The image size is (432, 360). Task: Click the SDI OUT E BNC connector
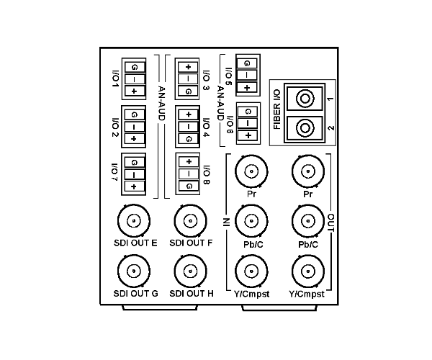tap(134, 220)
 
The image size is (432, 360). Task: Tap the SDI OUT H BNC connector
tap(190, 271)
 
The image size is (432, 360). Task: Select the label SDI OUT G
tap(136, 294)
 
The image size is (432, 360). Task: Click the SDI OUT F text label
tap(191, 243)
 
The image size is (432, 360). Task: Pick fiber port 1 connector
tap(305, 99)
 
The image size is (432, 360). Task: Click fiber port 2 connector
tap(305, 128)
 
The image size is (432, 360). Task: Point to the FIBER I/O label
tap(276, 109)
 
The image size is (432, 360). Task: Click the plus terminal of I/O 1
tap(134, 91)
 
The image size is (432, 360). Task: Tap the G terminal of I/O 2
tap(134, 114)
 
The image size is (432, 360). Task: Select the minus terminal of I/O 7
tap(134, 175)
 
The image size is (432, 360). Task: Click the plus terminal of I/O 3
tap(188, 67)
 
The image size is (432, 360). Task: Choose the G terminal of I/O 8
tap(189, 186)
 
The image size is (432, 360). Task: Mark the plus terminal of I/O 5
tap(247, 88)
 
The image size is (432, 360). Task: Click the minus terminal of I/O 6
tap(248, 123)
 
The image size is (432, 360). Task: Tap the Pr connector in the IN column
tap(251, 171)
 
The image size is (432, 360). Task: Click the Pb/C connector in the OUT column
tap(308, 221)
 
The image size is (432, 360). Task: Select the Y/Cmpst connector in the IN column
tap(251, 271)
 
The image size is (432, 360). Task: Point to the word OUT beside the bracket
tap(331, 222)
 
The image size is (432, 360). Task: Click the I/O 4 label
tap(206, 127)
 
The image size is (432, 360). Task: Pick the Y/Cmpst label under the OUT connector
tap(307, 294)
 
